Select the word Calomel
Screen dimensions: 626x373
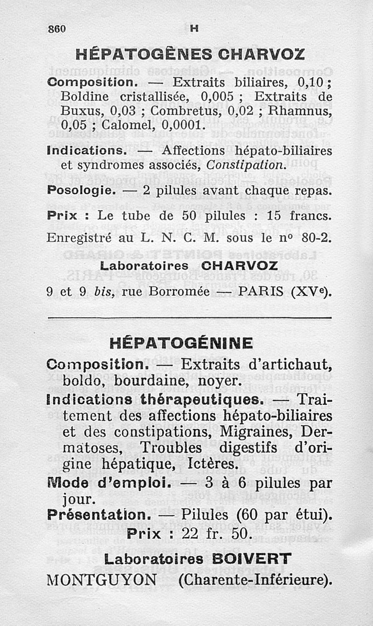click(125, 125)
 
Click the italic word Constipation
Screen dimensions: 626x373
click(245, 165)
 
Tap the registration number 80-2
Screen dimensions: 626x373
click(316, 239)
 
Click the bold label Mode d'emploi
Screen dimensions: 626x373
click(107, 483)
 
